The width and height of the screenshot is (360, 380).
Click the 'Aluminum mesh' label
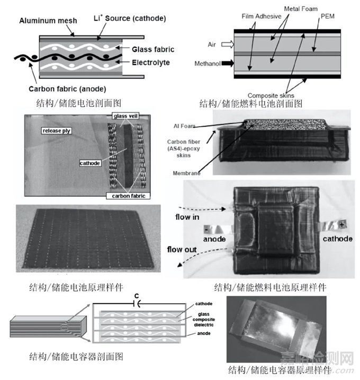[x=48, y=21]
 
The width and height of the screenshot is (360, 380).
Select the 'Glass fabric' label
[x=153, y=49]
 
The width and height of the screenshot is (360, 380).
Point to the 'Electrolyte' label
[x=151, y=63]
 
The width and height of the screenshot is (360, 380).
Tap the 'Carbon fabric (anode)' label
[x=67, y=89]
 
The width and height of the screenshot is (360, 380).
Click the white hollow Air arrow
[x=228, y=45]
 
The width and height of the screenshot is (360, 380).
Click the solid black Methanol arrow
[x=228, y=63]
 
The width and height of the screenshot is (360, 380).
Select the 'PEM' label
[x=328, y=16]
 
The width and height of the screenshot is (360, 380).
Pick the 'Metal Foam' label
[x=301, y=9]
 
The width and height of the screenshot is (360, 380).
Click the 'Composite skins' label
[x=271, y=95]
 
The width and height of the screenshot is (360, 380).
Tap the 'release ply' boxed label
[x=57, y=131]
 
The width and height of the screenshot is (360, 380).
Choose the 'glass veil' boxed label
[x=125, y=116]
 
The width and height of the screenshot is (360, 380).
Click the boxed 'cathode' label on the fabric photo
[x=90, y=163]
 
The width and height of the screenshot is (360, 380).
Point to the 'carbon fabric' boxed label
[x=128, y=196]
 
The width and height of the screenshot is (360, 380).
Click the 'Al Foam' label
[x=184, y=126]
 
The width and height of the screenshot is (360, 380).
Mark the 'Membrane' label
[x=187, y=173]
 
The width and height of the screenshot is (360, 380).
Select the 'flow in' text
[x=187, y=217]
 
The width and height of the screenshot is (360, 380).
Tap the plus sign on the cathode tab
[x=341, y=225]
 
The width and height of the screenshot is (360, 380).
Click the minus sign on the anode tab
[x=206, y=229]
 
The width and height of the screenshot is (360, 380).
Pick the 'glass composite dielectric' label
[x=204, y=320]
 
